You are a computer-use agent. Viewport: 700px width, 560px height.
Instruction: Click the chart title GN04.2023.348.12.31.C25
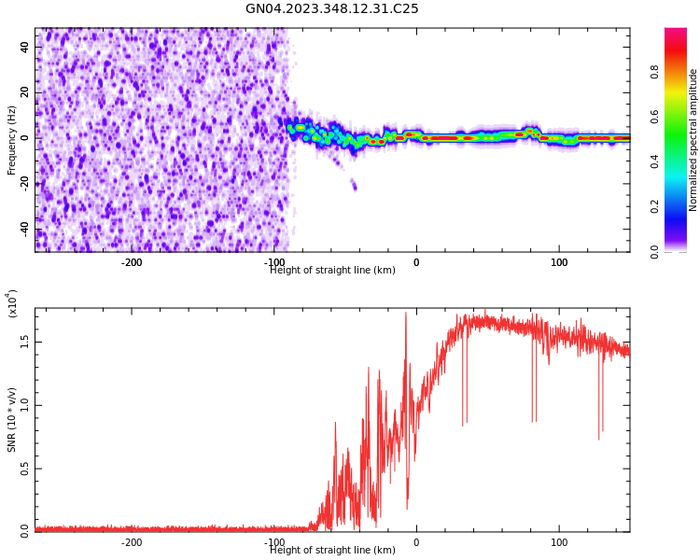point(331,9)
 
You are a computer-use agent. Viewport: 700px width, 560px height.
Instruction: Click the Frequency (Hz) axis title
point(12,140)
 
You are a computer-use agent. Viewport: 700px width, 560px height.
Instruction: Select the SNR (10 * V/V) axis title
point(12,420)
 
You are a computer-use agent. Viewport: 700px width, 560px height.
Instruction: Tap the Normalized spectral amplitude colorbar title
point(693,140)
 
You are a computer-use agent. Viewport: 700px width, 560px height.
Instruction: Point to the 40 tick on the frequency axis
point(24,47)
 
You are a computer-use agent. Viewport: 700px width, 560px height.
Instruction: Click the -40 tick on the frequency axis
point(24,229)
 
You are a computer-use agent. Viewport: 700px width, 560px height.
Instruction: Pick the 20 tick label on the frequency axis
point(24,92)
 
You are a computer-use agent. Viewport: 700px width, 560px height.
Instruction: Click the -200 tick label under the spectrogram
point(132,262)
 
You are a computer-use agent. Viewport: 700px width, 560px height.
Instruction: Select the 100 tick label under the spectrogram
point(559,262)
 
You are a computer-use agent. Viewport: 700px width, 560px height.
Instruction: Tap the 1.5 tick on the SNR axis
point(24,341)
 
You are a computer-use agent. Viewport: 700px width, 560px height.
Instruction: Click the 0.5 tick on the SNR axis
point(24,469)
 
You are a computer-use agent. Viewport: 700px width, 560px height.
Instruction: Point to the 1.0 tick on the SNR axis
point(24,404)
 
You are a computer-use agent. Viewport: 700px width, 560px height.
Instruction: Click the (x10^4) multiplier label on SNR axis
point(12,303)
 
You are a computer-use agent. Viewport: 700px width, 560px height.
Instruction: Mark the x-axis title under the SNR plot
point(332,551)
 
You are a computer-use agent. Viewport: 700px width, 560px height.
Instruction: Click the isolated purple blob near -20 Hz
point(354,185)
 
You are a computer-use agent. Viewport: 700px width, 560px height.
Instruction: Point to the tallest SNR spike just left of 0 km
point(406,315)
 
